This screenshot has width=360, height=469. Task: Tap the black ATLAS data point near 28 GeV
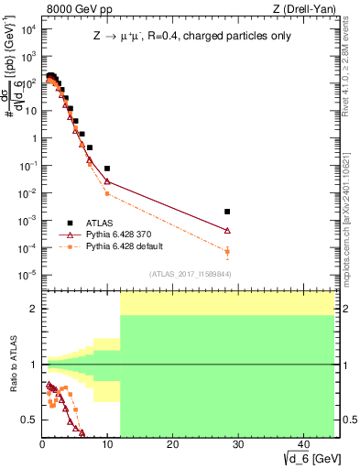227,212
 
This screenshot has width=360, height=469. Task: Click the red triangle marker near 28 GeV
227,231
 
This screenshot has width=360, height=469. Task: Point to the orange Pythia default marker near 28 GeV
227,251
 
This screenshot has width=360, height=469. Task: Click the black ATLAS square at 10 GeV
107,169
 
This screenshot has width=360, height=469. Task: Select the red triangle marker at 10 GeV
107,180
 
